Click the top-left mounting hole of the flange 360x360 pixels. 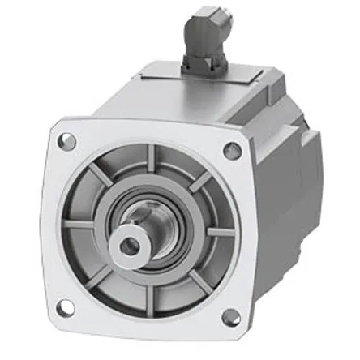pyautogui.click(x=67, y=141)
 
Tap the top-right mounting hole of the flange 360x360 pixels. pyautogui.click(x=231, y=150)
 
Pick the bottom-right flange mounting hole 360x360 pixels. pyautogui.click(x=230, y=317)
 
